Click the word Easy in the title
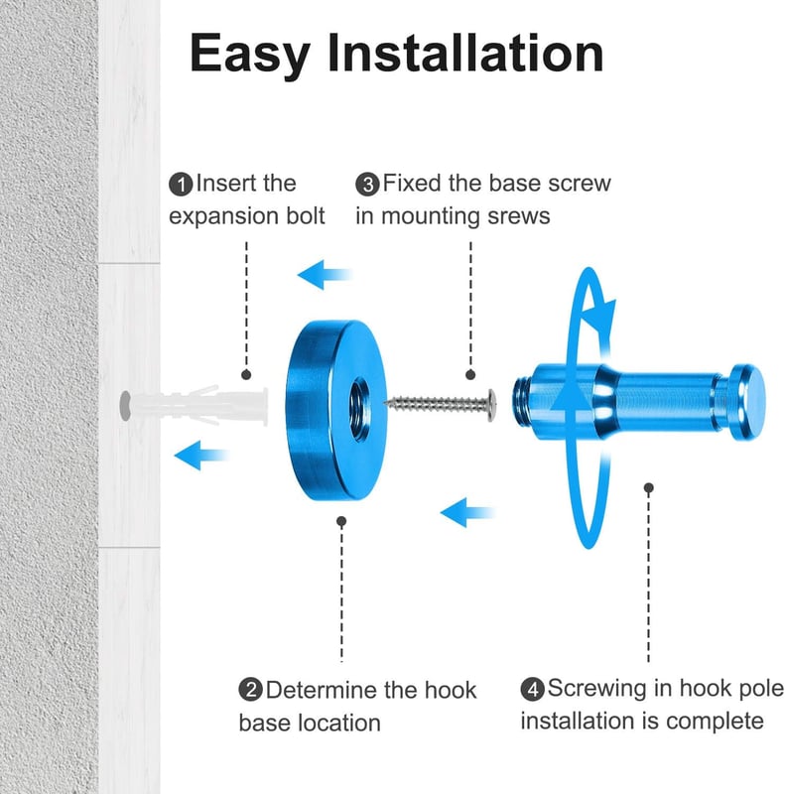click(x=250, y=55)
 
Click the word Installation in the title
click(x=465, y=53)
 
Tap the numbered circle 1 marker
click(x=181, y=185)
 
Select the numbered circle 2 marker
click(x=251, y=690)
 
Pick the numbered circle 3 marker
click(x=367, y=185)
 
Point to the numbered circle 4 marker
click(x=532, y=689)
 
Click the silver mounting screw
click(x=440, y=404)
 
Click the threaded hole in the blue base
click(x=359, y=409)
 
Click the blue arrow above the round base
click(x=325, y=275)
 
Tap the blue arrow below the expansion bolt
click(x=201, y=456)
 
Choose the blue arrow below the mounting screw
click(x=467, y=512)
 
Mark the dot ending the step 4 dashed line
click(x=649, y=487)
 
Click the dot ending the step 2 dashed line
click(x=341, y=521)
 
